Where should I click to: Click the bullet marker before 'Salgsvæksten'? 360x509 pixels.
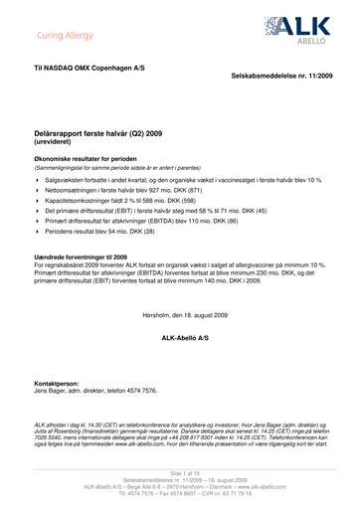(x=37, y=179)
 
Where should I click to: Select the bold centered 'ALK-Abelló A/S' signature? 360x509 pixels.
(x=180, y=312)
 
